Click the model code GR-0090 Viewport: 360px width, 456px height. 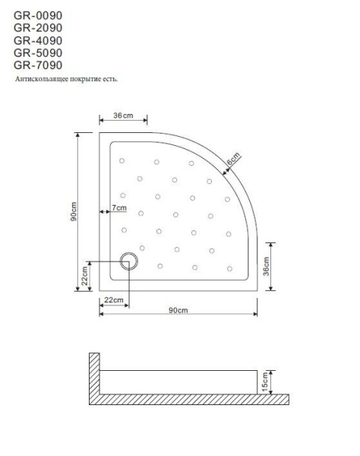[38, 16]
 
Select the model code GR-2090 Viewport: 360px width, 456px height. [38, 28]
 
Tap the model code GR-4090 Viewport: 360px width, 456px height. [38, 40]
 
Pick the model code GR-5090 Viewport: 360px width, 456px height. [38, 52]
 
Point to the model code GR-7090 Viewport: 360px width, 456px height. [38, 65]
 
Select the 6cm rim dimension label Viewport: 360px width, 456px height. [232, 160]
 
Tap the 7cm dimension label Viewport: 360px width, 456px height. [118, 207]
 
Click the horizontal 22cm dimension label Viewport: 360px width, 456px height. [114, 301]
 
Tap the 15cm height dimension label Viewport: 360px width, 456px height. [264, 381]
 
